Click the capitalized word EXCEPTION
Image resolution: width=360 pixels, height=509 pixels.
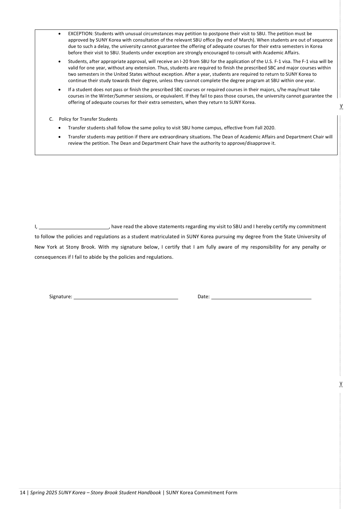pos(80,34)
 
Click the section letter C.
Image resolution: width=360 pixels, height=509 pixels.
pos(51,119)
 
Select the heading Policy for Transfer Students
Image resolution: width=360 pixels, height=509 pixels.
pos(88,119)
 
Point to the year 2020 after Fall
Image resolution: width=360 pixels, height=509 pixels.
pos(270,128)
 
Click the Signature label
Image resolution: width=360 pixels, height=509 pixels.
pos(61,297)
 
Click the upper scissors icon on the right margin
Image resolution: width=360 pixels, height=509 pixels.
pos(341,107)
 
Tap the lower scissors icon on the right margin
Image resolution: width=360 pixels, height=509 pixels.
pos(341,384)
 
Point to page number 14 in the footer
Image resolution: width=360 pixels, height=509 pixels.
pos(22,493)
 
